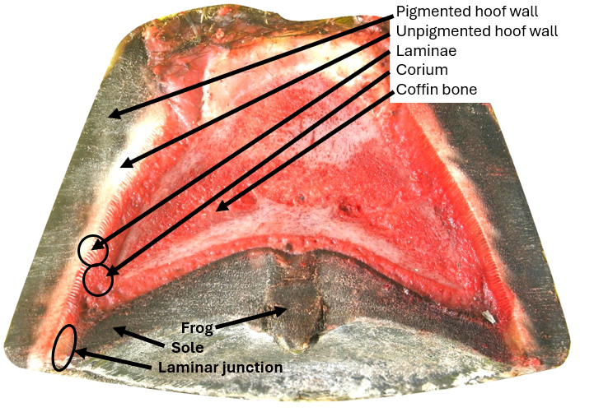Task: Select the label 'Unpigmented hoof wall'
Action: coord(477,32)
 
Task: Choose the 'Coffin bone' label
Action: coord(436,89)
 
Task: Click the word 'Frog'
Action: coord(197,329)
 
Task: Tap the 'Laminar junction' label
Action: coord(220,367)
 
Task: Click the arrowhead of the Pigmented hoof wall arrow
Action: coord(110,115)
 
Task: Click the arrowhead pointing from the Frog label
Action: coord(285,310)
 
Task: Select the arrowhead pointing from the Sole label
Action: coord(116,331)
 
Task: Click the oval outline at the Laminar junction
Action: coord(64,348)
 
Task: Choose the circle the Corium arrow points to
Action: coord(98,280)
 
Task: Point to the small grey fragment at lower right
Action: coord(489,316)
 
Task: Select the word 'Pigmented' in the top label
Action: coord(431,13)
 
